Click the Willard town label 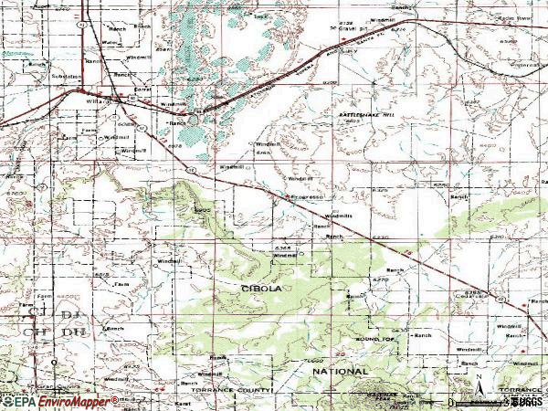[x=99, y=101]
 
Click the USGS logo [x=524, y=401]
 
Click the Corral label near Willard [x=141, y=90]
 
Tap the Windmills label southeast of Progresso [x=341, y=216]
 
